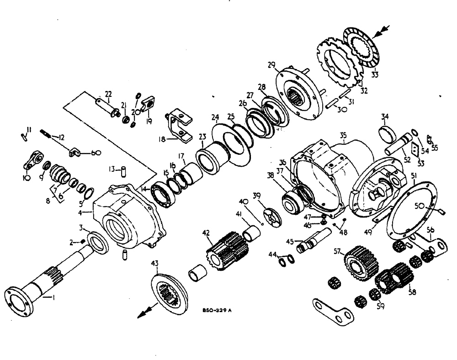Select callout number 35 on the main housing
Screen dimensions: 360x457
(344, 136)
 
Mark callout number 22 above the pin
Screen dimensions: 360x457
(108, 94)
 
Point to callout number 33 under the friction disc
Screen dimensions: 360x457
(375, 75)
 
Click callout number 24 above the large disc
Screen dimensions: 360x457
(215, 117)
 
